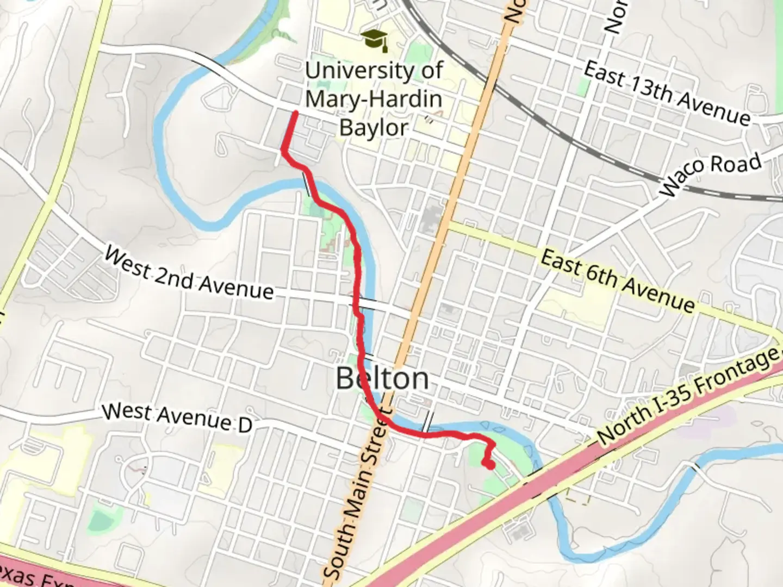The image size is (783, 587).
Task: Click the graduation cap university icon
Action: coord(375,40)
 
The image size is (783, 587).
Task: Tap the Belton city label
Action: coord(382,378)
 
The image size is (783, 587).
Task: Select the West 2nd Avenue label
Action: coord(189,274)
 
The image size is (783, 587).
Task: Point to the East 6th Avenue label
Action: coord(618,282)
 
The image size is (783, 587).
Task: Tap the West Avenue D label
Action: coord(177,417)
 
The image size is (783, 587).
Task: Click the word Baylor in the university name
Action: coord(374,128)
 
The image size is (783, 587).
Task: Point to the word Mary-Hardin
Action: coord(374,99)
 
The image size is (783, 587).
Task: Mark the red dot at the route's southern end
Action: coord(489,465)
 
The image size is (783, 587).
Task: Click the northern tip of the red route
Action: coord(295,113)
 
